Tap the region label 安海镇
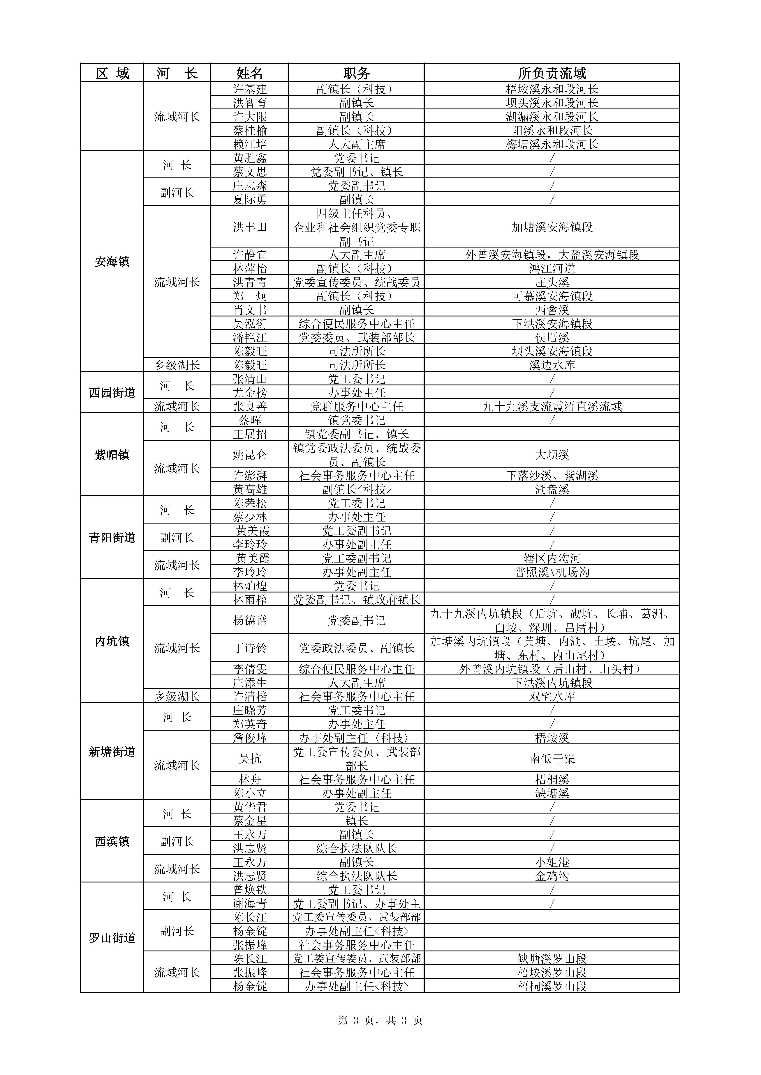click(x=112, y=262)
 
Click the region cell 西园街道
click(x=112, y=392)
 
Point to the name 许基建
click(x=250, y=89)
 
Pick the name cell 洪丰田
click(x=250, y=227)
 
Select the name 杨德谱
click(x=250, y=620)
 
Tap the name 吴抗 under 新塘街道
click(x=250, y=759)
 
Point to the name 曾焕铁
click(x=250, y=890)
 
